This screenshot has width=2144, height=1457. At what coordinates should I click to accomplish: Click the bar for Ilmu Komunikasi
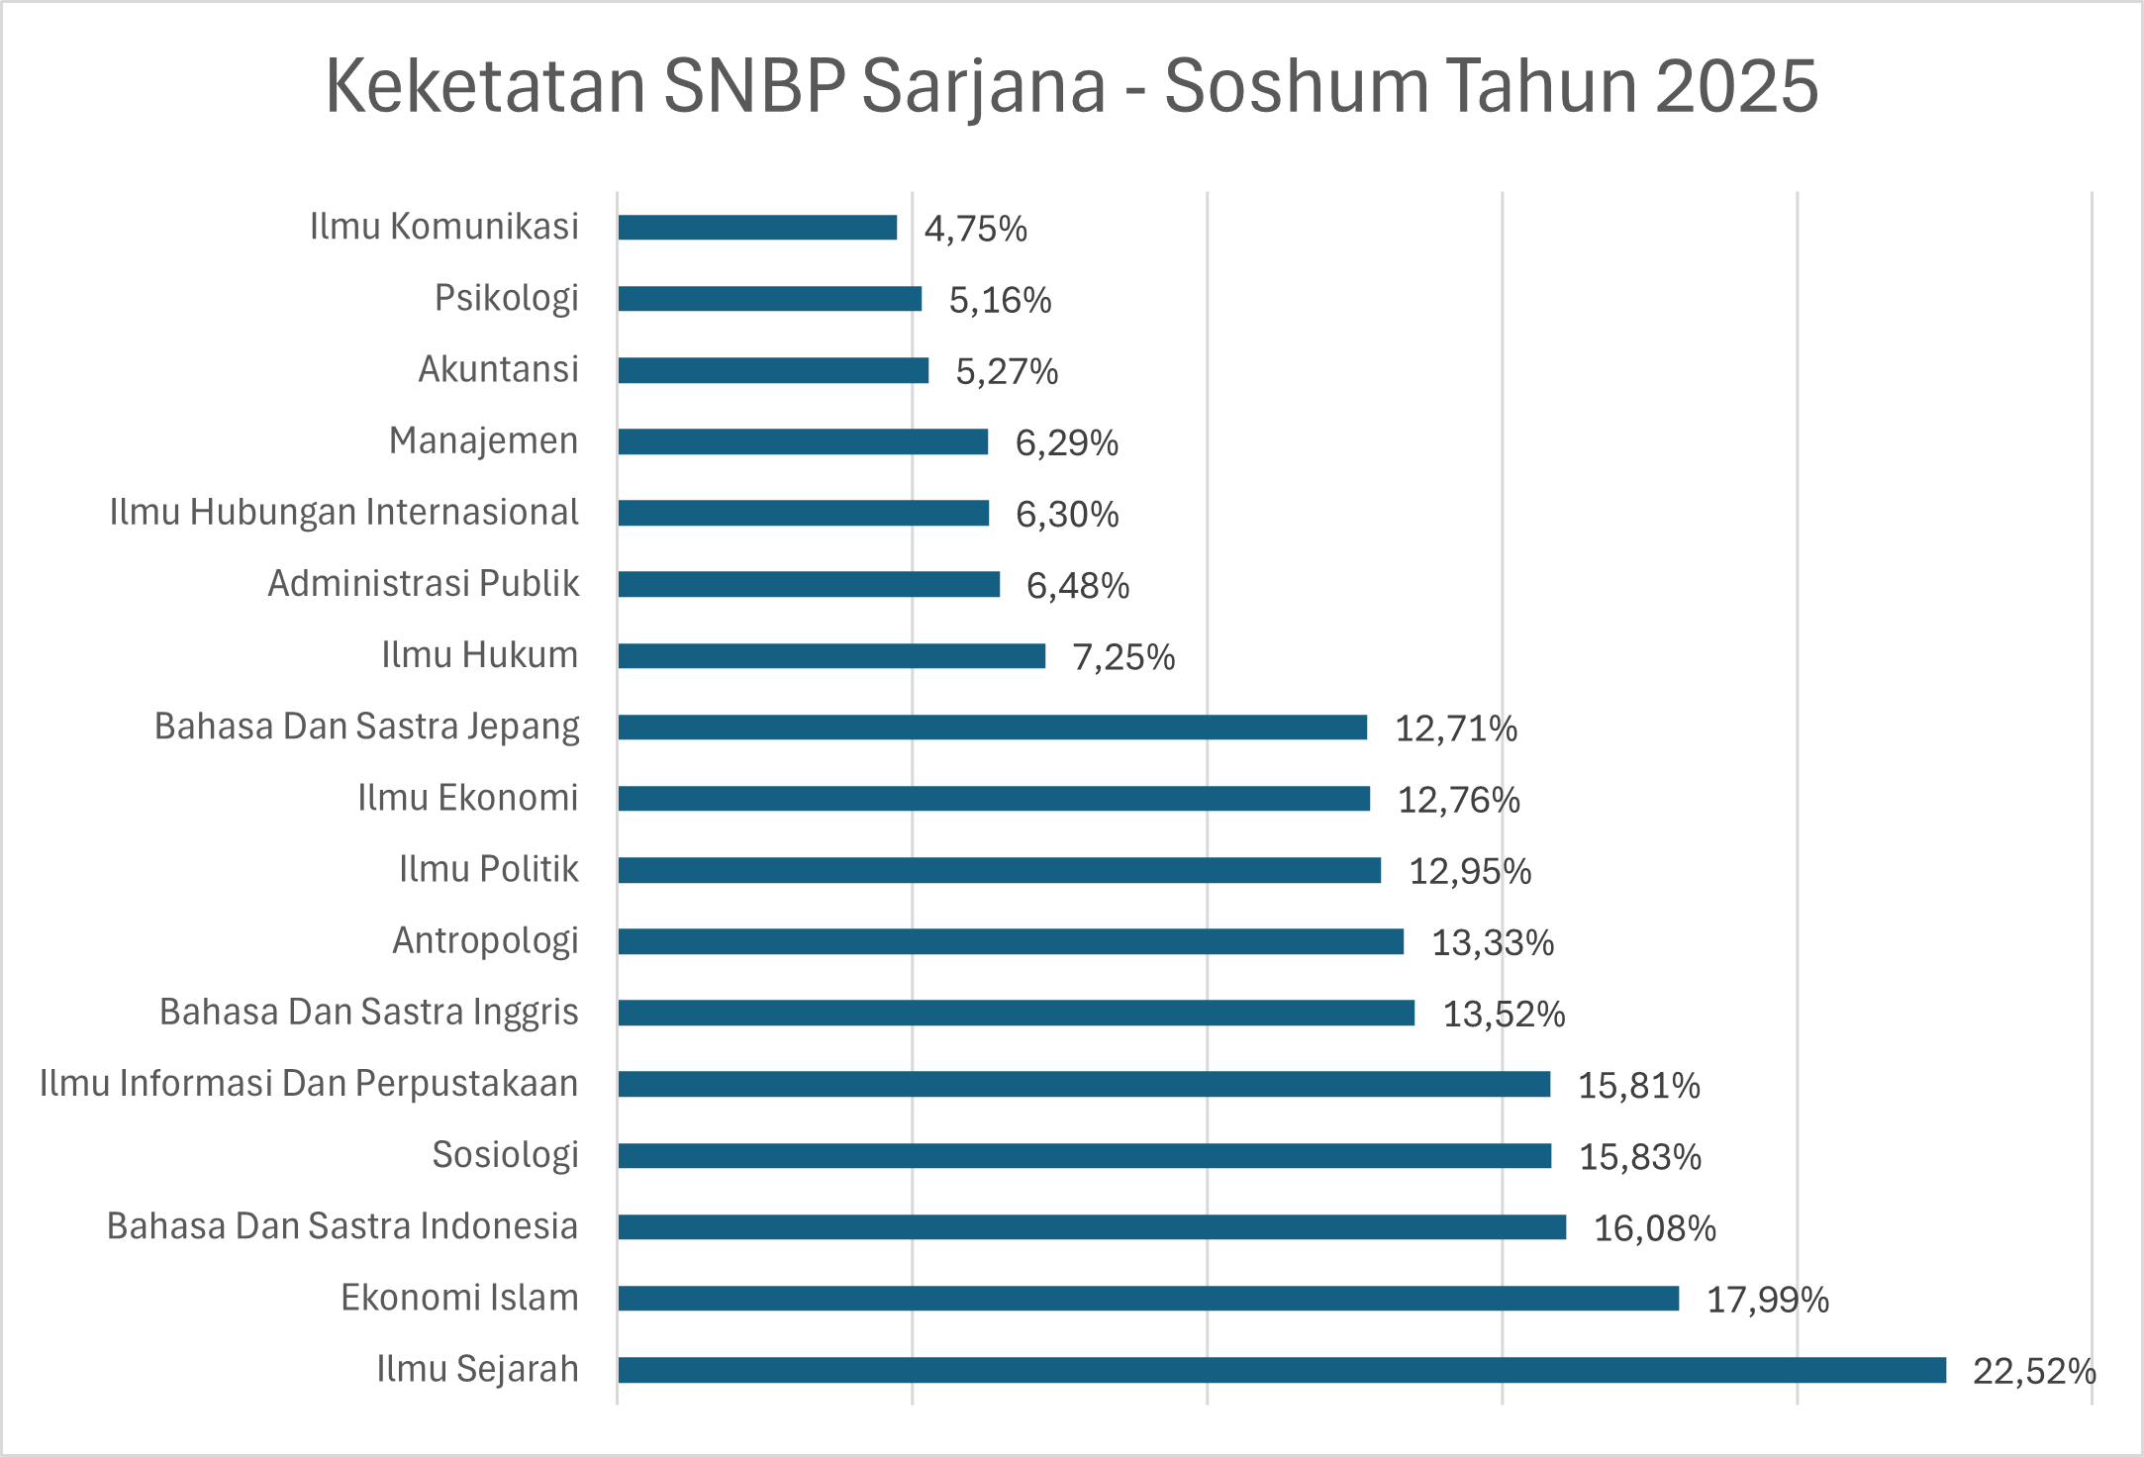(757, 228)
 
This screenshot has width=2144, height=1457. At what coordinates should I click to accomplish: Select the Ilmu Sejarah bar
(1281, 1370)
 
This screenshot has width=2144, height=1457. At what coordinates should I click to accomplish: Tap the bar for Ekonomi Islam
(1148, 1299)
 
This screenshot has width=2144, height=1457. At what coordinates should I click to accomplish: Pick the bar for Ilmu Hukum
(831, 656)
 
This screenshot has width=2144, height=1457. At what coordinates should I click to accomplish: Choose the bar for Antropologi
(1011, 941)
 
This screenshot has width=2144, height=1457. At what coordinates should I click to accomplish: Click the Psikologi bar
(769, 299)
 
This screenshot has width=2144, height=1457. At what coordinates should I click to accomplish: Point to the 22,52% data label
(2034, 1371)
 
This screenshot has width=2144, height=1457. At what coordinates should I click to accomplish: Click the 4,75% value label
(975, 229)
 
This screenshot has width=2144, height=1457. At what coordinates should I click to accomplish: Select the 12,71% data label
(1455, 728)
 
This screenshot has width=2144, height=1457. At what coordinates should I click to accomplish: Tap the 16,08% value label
(1654, 1228)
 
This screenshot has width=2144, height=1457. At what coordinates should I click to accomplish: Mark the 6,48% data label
(1077, 586)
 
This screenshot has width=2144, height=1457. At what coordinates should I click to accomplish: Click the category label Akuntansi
(498, 369)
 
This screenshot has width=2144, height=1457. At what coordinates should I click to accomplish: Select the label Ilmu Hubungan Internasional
(343, 512)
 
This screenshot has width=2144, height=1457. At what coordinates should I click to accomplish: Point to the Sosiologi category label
(505, 1155)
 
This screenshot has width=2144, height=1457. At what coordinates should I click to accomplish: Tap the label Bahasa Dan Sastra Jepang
(366, 727)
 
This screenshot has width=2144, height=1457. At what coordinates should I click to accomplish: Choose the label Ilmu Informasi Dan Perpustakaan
(309, 1084)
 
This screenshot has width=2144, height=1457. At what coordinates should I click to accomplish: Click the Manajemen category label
(483, 440)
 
